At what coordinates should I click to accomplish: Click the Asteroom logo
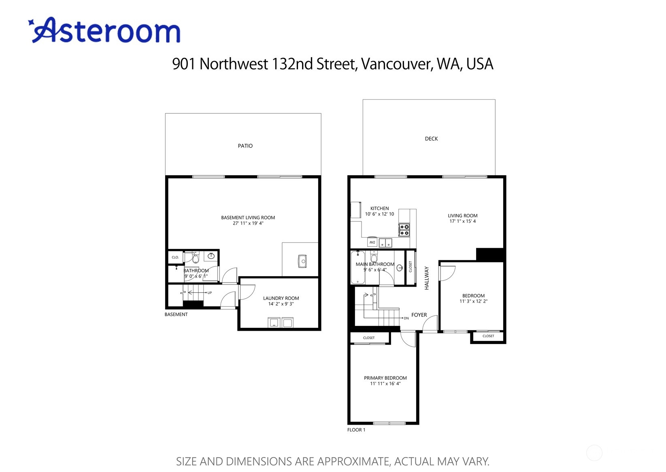pyautogui.click(x=104, y=30)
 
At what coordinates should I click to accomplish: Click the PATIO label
pyautogui.click(x=245, y=146)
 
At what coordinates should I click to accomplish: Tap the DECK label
pyautogui.click(x=431, y=139)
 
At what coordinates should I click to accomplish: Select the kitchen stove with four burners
pyautogui.click(x=404, y=230)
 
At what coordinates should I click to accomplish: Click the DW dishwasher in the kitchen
pyautogui.click(x=372, y=242)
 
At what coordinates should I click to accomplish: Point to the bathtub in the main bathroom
pyautogui.click(x=357, y=268)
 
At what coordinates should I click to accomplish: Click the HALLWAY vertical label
pyautogui.click(x=427, y=278)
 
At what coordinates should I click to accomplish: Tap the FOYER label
pyautogui.click(x=419, y=315)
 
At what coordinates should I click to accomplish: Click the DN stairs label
pyautogui.click(x=406, y=318)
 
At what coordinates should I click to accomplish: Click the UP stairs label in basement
pyautogui.click(x=210, y=293)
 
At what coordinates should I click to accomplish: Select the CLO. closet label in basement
pyautogui.click(x=175, y=257)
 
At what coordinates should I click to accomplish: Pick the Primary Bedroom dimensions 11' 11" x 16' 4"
pyautogui.click(x=385, y=384)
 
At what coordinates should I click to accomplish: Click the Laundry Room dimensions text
pyautogui.click(x=281, y=304)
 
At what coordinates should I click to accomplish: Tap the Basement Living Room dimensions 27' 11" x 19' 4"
pyautogui.click(x=248, y=223)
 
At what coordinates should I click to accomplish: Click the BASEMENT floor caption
pyautogui.click(x=176, y=315)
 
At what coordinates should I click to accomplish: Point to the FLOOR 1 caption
pyautogui.click(x=356, y=430)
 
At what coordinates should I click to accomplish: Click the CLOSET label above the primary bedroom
pyautogui.click(x=369, y=338)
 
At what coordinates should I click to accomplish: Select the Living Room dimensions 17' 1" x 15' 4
pyautogui.click(x=463, y=221)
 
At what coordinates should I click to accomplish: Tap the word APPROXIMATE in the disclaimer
pyautogui.click(x=353, y=461)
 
